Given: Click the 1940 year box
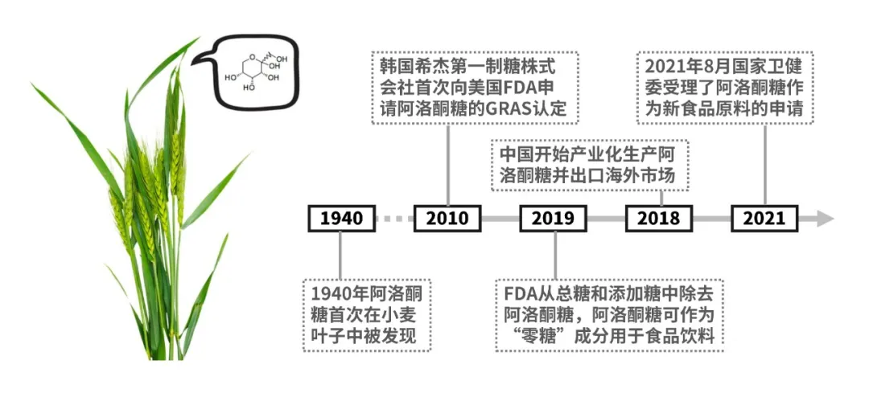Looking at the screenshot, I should coord(341,218).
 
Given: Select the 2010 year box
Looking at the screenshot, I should coord(447,218).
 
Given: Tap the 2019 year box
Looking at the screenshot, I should coord(553,218).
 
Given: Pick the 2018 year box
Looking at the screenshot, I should coord(658,218).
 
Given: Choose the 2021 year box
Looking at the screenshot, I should coord(764,218).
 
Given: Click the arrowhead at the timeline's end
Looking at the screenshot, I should coord(824,218).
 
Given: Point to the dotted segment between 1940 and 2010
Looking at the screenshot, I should coord(394,218).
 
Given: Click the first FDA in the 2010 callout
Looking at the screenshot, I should coord(520,87).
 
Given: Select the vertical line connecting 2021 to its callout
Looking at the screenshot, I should coord(764,165).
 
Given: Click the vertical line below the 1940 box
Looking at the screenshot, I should coord(341,253).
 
